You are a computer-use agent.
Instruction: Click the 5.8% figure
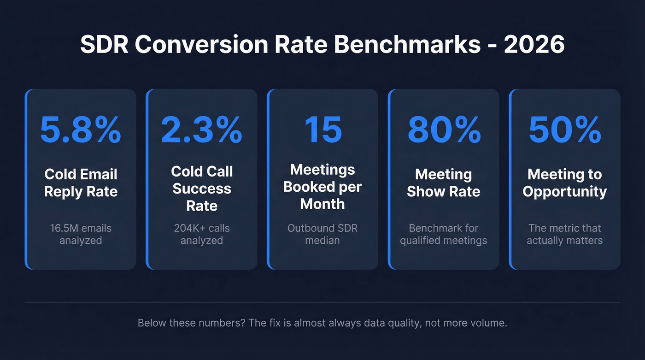click(81, 130)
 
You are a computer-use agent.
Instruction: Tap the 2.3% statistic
click(202, 130)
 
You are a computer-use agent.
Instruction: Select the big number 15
click(322, 130)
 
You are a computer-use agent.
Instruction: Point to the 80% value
click(444, 130)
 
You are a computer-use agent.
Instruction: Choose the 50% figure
click(564, 130)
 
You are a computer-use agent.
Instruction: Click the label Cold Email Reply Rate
click(81, 183)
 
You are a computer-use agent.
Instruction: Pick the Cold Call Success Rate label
click(202, 188)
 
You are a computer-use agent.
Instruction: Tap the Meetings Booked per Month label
click(322, 187)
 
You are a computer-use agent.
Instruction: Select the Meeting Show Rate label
click(444, 183)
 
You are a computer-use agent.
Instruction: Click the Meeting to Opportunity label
click(564, 183)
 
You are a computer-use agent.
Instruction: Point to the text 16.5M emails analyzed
click(81, 234)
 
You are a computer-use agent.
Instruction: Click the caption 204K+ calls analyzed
click(202, 234)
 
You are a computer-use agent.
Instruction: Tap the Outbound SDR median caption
click(322, 234)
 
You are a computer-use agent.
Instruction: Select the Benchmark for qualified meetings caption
click(444, 234)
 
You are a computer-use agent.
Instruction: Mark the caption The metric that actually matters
click(564, 234)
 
